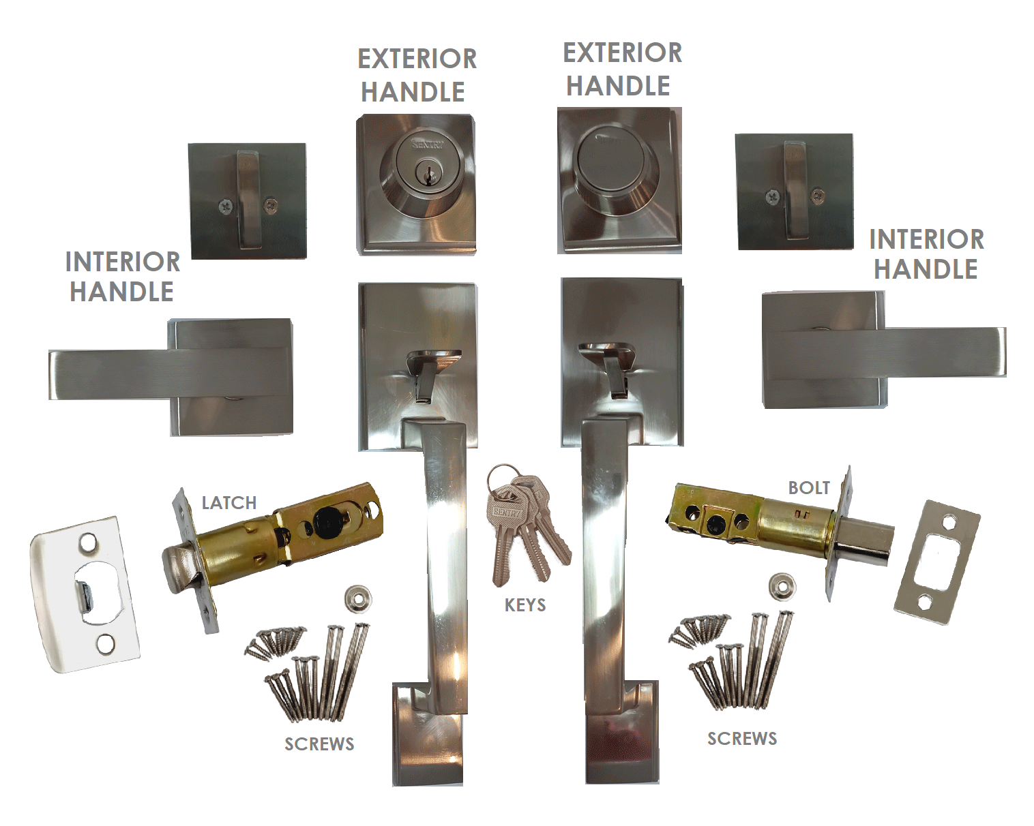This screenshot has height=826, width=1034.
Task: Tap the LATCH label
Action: point(229,503)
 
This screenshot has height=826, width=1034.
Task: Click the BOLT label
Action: point(809,488)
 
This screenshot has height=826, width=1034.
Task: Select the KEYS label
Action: point(525,605)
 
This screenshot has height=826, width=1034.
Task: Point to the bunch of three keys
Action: point(527,523)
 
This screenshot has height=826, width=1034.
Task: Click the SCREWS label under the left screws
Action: point(319,744)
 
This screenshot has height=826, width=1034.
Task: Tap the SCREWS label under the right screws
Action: point(742,738)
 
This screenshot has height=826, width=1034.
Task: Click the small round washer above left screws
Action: point(358,599)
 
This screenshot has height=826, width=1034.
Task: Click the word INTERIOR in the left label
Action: point(123,262)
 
